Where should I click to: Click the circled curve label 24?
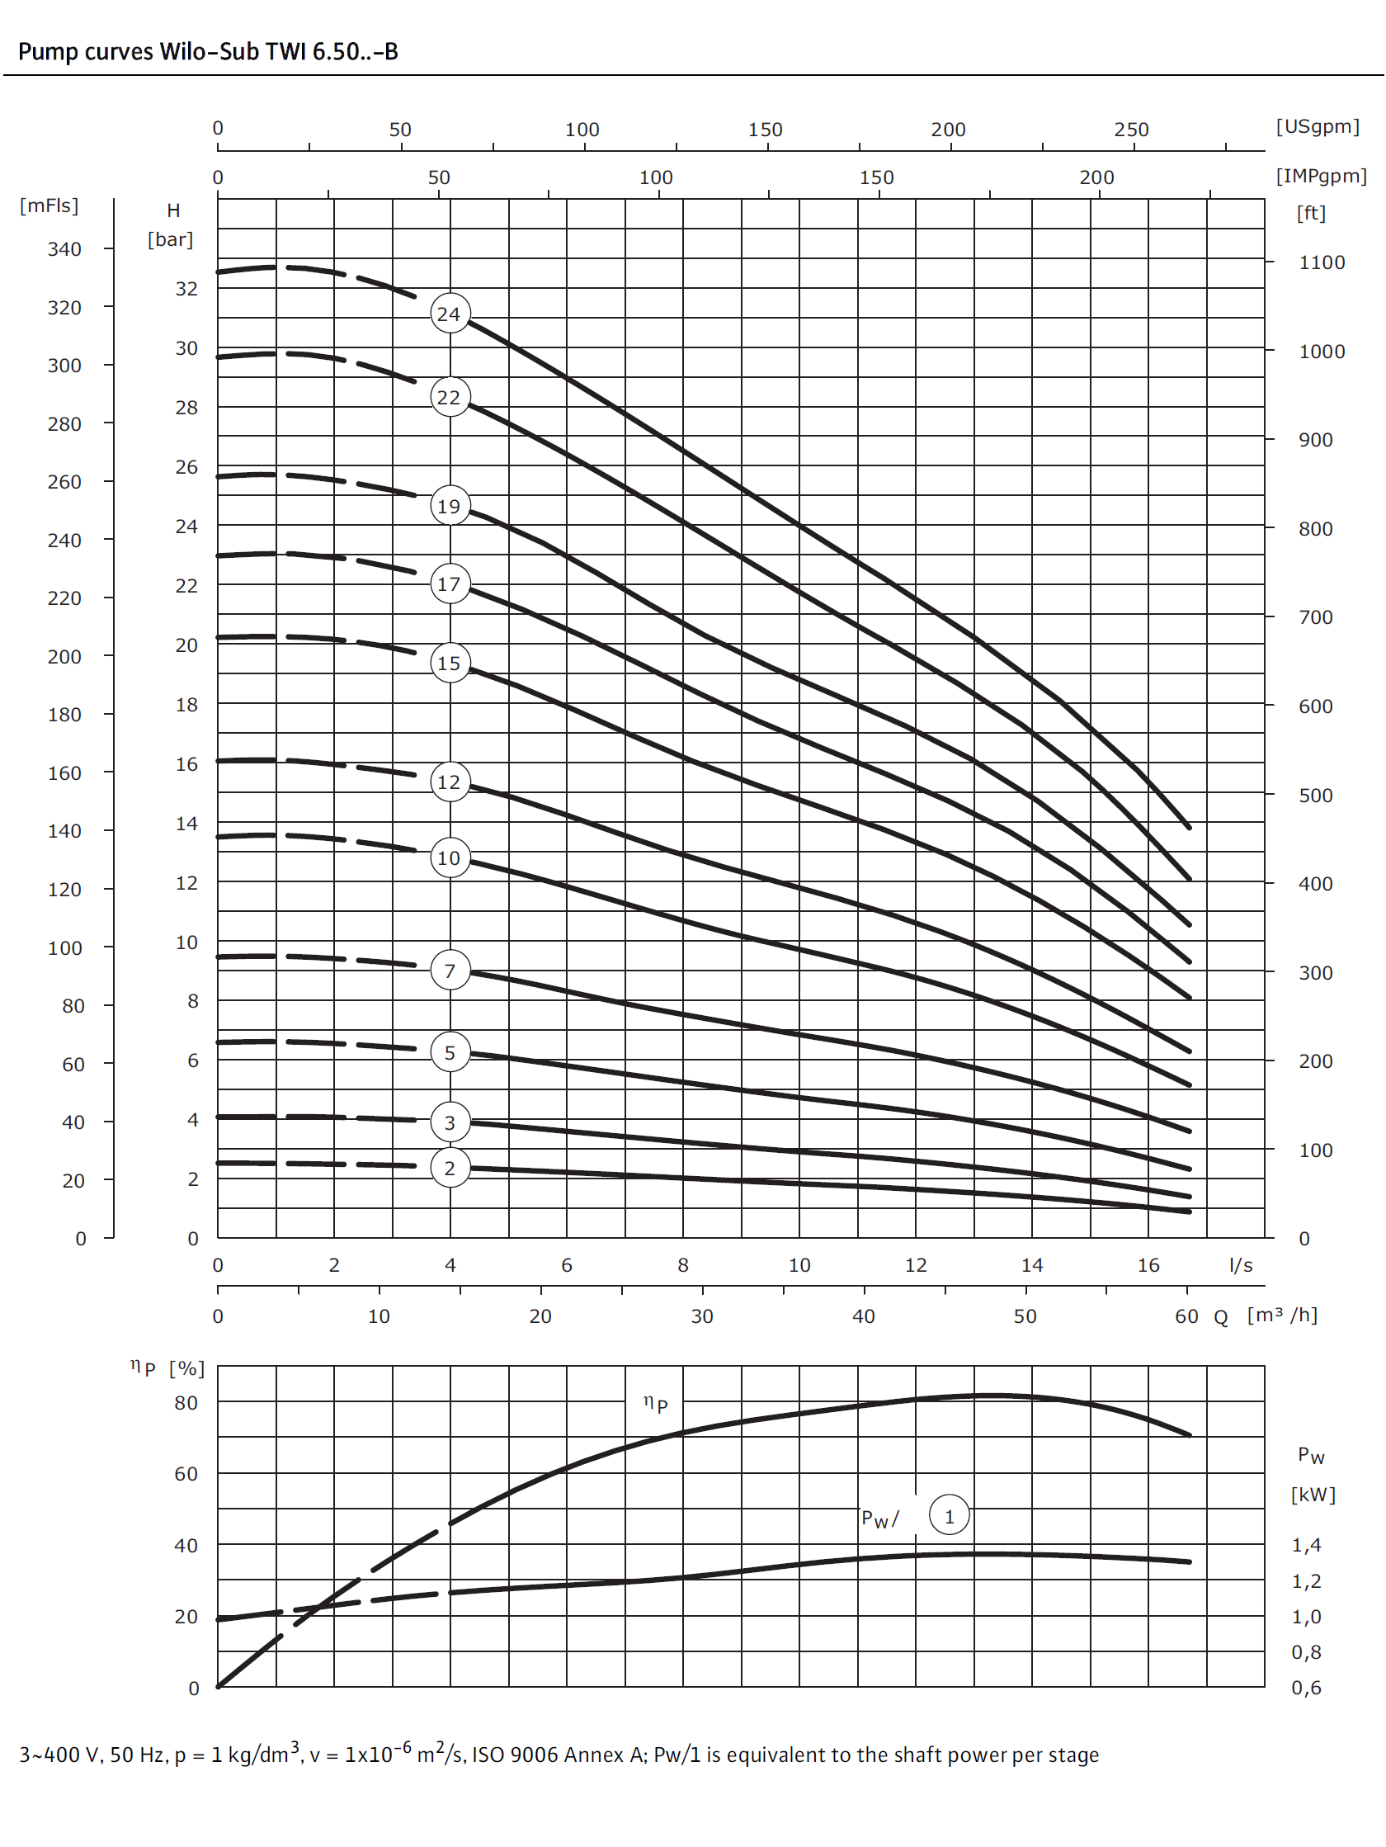pyautogui.click(x=450, y=314)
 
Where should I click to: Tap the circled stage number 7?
pyautogui.click(x=450, y=971)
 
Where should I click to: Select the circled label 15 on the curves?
pyautogui.click(x=450, y=663)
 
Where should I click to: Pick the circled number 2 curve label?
pyautogui.click(x=450, y=1168)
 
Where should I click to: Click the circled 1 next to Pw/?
pyautogui.click(x=949, y=1516)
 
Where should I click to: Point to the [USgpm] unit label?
pyautogui.click(x=1317, y=126)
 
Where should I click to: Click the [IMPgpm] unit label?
pyautogui.click(x=1320, y=176)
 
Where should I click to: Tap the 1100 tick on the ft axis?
pyautogui.click(x=1321, y=262)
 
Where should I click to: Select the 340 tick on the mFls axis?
pyautogui.click(x=64, y=249)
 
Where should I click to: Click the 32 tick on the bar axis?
pyautogui.click(x=186, y=289)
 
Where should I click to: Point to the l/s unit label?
pyautogui.click(x=1240, y=1265)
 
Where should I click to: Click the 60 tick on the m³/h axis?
pyautogui.click(x=1186, y=1317)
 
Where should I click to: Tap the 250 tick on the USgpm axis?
pyautogui.click(x=1130, y=130)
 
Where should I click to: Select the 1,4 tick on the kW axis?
pyautogui.click(x=1306, y=1545)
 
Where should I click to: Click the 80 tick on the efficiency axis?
pyautogui.click(x=186, y=1403)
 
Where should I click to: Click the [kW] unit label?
pyautogui.click(x=1313, y=1495)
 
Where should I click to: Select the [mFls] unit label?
pyautogui.click(x=49, y=205)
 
